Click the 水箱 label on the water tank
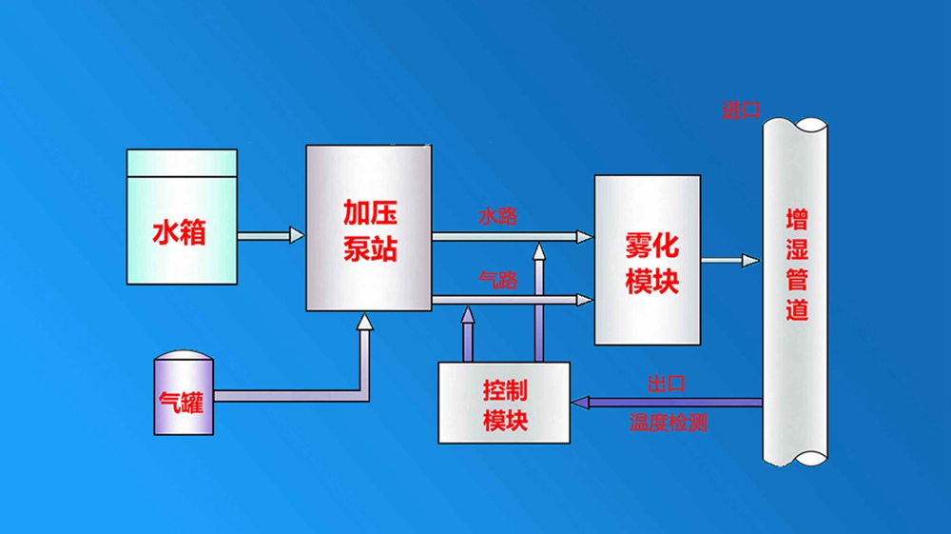click(179, 231)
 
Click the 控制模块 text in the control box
click(505, 405)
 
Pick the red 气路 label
click(497, 280)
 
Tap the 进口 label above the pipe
click(741, 110)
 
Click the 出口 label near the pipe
click(666, 384)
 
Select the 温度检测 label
click(668, 423)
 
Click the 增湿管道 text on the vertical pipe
click(796, 265)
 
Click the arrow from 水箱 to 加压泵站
click(271, 234)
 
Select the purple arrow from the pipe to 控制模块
click(666, 403)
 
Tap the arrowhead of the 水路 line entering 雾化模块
click(584, 235)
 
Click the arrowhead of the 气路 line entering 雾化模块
click(584, 300)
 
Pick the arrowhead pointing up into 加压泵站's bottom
click(364, 323)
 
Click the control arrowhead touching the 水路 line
click(538, 250)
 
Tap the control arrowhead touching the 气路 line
click(467, 313)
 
